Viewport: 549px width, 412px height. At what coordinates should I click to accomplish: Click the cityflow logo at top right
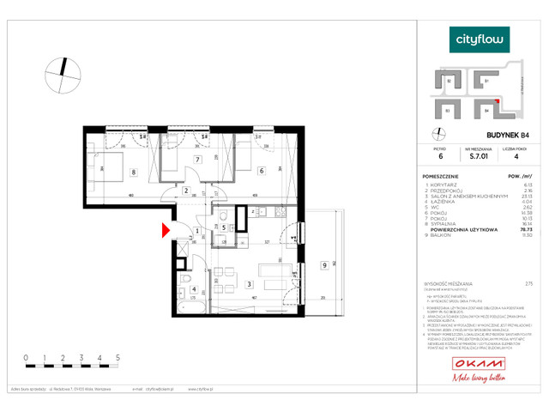pos(480,39)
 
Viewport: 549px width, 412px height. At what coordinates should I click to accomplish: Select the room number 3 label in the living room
pos(249,283)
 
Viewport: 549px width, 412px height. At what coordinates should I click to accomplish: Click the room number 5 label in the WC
pos(223,227)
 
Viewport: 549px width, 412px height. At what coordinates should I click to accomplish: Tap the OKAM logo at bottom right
pos(480,365)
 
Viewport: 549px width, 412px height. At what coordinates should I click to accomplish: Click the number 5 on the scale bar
pos(117,354)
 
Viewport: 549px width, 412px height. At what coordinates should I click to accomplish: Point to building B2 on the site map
pos(449,82)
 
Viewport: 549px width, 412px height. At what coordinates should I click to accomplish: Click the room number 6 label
pos(261,170)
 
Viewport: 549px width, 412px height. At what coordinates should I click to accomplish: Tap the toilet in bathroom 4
pos(185,282)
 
